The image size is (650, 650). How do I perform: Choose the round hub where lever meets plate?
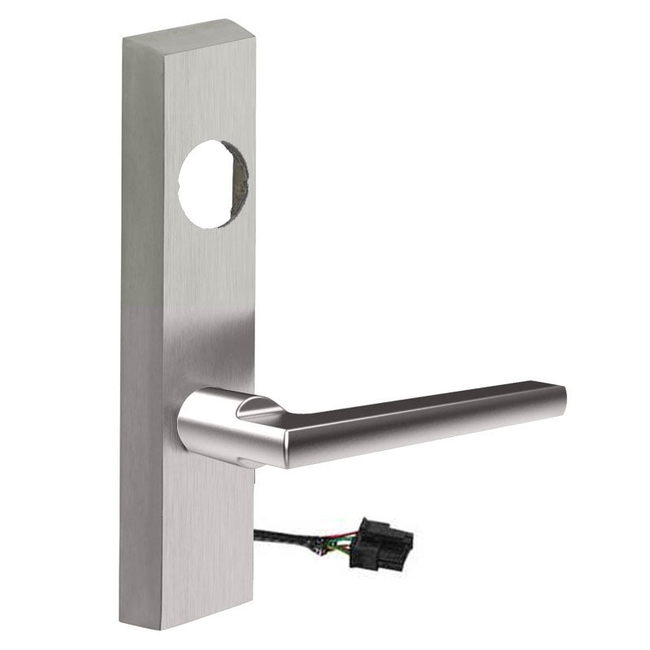[x=213, y=422]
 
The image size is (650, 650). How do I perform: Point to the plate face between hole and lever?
[x=209, y=309]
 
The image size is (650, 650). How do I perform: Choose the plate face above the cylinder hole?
[x=209, y=89]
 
